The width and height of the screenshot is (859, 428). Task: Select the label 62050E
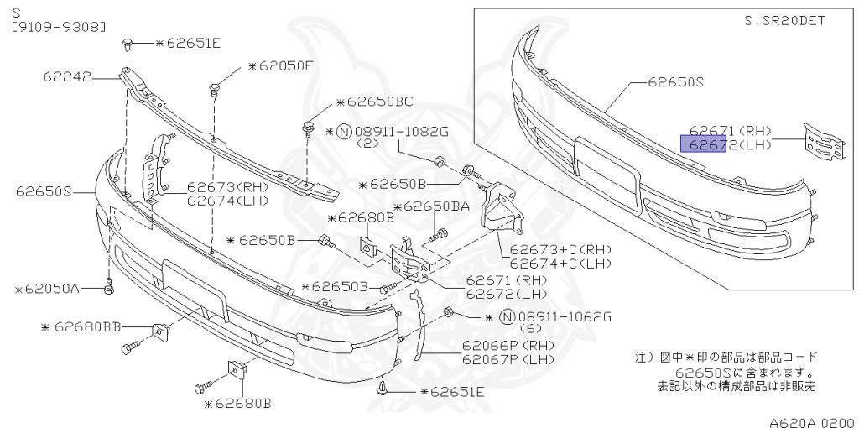click(285, 65)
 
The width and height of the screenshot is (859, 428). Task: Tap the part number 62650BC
click(380, 102)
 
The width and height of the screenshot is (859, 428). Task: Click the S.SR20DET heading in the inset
click(785, 21)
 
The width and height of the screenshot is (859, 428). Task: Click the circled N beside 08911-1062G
click(507, 316)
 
